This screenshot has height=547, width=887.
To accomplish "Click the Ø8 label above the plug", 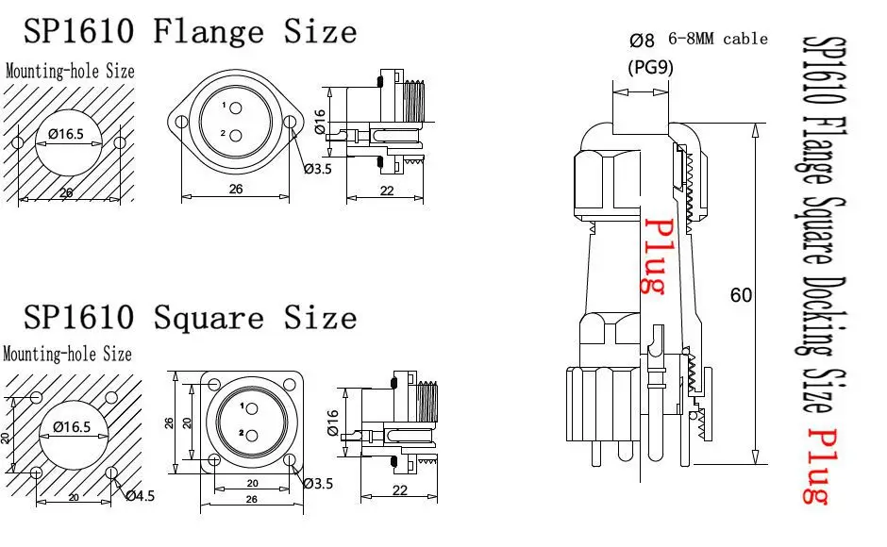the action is tap(642, 41).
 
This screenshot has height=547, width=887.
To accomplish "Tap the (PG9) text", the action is tap(650, 67).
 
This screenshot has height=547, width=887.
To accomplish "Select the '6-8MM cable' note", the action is tap(718, 39).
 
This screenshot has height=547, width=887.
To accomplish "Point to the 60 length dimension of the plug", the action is tap(741, 294).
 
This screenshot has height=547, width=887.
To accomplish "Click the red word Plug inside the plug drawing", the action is tap(656, 256).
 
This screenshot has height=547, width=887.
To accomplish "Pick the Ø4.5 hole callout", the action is tap(140, 496).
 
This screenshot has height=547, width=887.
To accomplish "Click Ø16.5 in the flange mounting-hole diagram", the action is tap(66, 134).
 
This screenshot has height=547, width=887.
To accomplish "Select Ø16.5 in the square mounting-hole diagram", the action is tap(72, 426).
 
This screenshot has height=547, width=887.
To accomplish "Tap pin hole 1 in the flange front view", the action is tap(236, 108).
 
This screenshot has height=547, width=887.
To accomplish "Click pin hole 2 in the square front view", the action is tap(252, 435).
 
